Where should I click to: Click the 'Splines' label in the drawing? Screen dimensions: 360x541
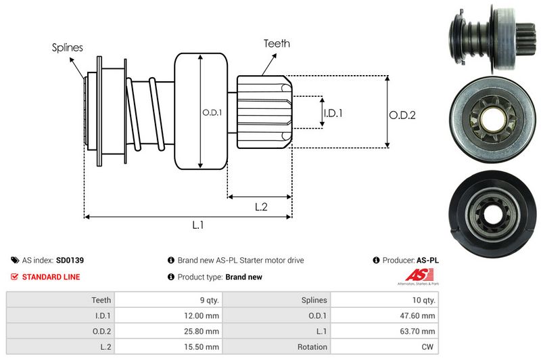pyautogui.click(x=67, y=47)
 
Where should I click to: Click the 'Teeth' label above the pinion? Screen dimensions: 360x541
pyautogui.click(x=277, y=43)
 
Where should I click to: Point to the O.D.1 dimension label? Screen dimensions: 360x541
pyautogui.click(x=212, y=112)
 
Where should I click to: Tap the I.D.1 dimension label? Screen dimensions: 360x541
pyautogui.click(x=333, y=113)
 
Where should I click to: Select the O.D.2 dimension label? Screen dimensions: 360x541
pyautogui.click(x=402, y=115)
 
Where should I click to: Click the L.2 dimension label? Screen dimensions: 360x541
pyautogui.click(x=262, y=208)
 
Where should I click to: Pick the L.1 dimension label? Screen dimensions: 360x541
pyautogui.click(x=198, y=226)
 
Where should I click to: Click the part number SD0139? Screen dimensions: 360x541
pyautogui.click(x=70, y=260)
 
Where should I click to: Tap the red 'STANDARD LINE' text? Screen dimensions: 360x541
pyautogui.click(x=51, y=277)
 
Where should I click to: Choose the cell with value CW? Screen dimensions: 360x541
pyautogui.click(x=428, y=347)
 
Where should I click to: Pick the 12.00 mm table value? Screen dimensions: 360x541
pyautogui.click(x=203, y=315)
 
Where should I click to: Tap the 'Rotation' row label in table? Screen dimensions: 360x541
pyautogui.click(x=312, y=347)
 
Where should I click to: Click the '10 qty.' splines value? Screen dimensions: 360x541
pyautogui.click(x=423, y=299)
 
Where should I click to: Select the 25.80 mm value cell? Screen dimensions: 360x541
pyautogui.click(x=203, y=331)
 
